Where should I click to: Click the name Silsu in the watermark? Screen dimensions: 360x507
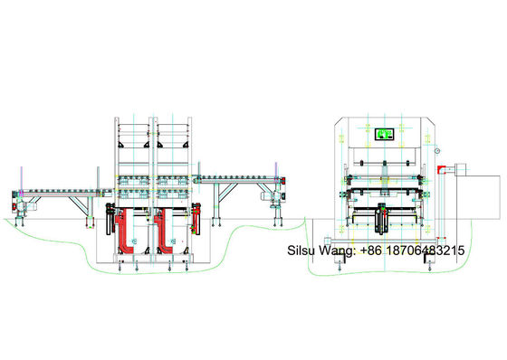302,250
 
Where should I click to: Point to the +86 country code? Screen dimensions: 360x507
374,250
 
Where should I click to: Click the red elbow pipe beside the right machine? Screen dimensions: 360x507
440,169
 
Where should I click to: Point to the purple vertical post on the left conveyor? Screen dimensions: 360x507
18,176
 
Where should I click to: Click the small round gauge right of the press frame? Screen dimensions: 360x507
435,148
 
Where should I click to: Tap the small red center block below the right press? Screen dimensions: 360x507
382,213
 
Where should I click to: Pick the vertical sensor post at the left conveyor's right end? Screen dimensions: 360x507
96,176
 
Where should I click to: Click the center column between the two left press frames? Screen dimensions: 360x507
150,181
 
